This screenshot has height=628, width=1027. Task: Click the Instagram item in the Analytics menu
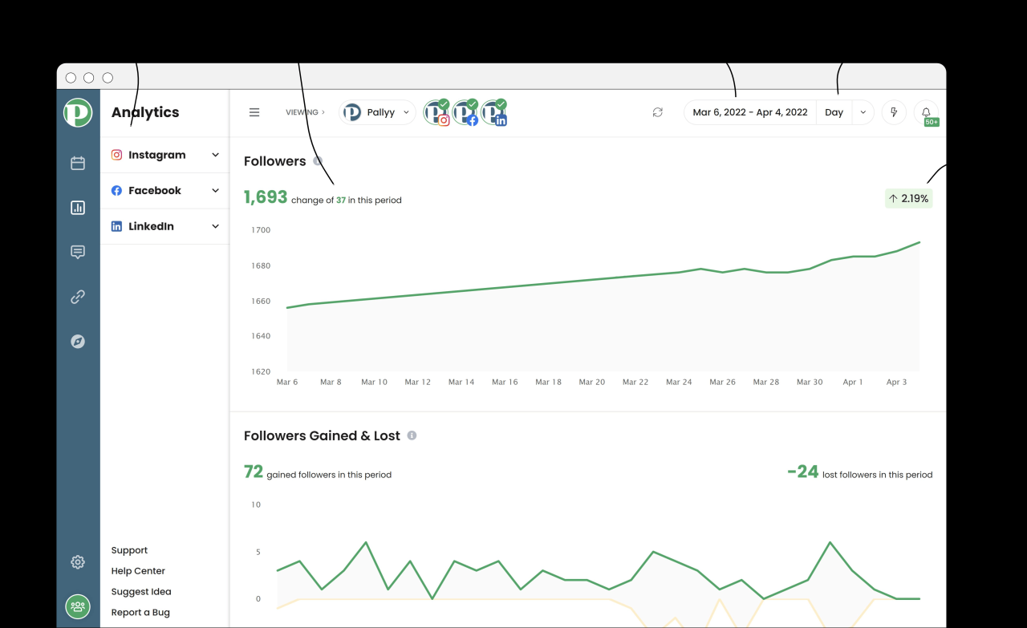pos(156,155)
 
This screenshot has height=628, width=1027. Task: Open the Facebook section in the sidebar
pos(155,190)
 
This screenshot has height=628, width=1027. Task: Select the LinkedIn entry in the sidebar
pos(151,226)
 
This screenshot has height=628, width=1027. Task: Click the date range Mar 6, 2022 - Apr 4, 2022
pos(749,112)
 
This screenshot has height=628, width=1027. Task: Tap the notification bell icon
pos(926,112)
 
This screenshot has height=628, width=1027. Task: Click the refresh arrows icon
pos(658,112)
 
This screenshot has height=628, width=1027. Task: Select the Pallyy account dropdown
pos(377,112)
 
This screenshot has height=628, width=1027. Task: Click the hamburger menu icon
pos(254,112)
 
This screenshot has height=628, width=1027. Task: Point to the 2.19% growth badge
pos(908,198)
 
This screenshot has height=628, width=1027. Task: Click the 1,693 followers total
pos(266,197)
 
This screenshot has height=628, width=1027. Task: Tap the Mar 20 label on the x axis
pos(592,383)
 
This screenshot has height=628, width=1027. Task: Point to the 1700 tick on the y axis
pos(261,230)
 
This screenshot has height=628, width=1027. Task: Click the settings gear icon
pos(78,562)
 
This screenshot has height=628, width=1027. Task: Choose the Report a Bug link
pos(140,613)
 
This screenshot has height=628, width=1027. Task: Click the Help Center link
pos(138,571)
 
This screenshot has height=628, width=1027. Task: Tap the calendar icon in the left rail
pos(78,164)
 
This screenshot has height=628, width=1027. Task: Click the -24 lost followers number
pos(802,472)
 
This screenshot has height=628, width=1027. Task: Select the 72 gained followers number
pos(254,472)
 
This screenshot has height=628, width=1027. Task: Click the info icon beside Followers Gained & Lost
pos(412,436)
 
